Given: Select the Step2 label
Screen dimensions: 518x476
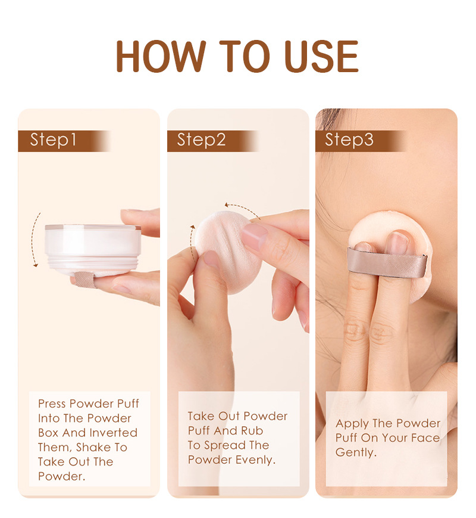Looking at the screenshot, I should click(x=201, y=141).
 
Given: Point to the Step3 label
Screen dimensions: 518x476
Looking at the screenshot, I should click(x=349, y=141).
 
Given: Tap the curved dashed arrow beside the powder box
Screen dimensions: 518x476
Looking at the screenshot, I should click(x=36, y=238).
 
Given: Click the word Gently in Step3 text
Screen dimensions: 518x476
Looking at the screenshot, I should click(x=356, y=452).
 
